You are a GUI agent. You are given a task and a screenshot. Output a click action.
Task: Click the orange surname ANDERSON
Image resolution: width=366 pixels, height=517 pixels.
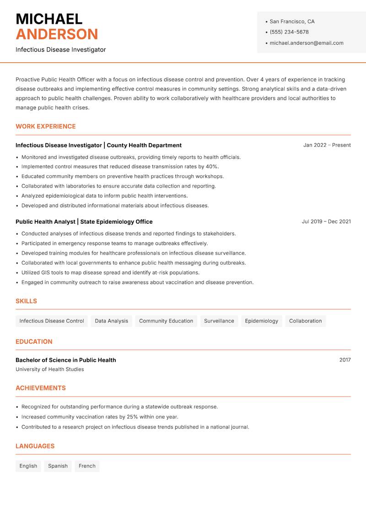[57, 34]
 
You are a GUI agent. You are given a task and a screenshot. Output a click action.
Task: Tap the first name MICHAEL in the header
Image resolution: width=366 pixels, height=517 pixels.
[49, 19]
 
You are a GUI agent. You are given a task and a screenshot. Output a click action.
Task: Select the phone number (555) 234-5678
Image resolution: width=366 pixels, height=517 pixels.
[289, 32]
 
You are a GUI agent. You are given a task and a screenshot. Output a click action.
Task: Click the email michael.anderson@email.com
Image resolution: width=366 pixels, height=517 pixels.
[306, 43]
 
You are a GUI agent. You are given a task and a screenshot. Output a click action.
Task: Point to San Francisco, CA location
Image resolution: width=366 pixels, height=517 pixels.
[292, 22]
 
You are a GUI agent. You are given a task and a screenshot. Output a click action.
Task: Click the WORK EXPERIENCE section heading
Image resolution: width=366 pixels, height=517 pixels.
[45, 126]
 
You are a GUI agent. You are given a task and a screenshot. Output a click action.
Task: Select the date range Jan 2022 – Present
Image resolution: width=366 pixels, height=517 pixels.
[327, 145]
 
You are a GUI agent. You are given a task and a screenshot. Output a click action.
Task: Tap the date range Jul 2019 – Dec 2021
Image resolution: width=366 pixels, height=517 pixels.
[326, 221]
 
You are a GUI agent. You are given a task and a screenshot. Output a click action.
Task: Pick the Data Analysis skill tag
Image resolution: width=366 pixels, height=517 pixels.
[111, 321]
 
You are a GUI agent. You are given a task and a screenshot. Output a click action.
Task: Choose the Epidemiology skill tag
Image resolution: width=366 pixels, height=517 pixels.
[261, 321]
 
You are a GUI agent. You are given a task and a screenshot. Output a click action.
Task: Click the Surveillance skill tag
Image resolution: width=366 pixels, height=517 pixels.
[219, 321]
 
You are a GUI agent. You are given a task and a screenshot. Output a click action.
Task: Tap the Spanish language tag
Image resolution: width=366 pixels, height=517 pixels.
[58, 466]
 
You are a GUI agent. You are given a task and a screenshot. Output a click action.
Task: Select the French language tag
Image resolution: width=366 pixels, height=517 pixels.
[87, 466]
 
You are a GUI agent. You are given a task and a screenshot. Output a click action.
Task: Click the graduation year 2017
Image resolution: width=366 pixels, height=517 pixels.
[345, 360]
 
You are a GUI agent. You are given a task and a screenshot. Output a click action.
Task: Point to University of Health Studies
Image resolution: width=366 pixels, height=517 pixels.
[49, 369]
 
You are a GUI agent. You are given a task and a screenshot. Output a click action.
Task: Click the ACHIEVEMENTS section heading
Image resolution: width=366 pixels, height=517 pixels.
[40, 388]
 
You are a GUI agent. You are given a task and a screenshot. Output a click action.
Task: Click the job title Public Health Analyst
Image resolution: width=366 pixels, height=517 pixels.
[45, 221]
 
